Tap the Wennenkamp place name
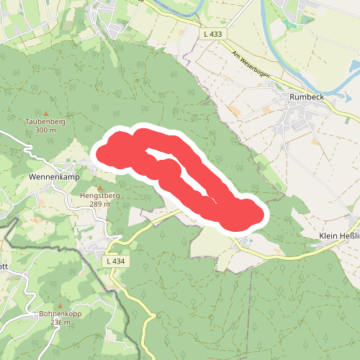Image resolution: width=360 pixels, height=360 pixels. tap(53, 176)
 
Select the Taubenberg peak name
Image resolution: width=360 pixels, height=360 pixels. tap(45, 122)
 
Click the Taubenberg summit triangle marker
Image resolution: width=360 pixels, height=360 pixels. tap(47, 113)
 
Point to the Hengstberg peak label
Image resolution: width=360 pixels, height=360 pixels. tap(99, 196)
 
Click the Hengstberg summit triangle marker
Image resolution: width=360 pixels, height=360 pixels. tap(100, 188)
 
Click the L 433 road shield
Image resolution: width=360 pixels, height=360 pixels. tap(213, 34)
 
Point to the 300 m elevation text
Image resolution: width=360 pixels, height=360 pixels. tap(45, 130)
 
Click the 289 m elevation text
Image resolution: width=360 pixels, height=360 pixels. tap(99, 204)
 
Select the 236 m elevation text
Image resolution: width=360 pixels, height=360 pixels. tap(61, 323)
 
